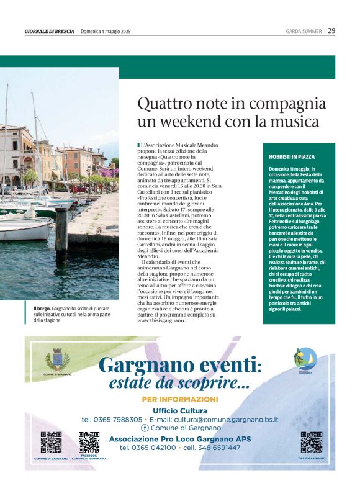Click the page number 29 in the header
[332, 30]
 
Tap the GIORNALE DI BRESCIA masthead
[49, 31]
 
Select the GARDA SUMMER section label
[303, 31]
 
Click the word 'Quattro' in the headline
[163, 102]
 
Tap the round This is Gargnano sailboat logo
[304, 359]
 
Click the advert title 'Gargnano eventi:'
[180, 364]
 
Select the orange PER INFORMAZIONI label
[180, 399]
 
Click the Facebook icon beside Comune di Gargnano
[145, 428]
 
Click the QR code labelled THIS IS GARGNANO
[311, 442]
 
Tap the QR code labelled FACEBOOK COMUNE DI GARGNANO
[89, 442]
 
